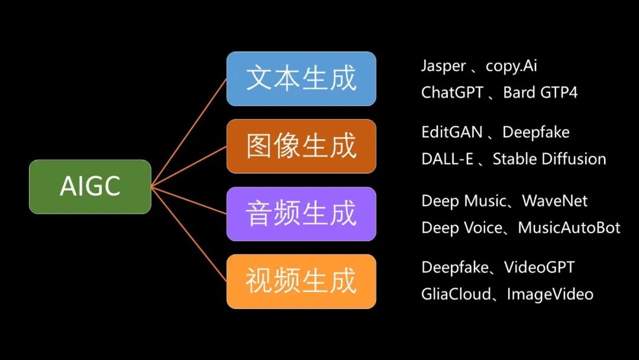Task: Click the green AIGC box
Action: (90, 187)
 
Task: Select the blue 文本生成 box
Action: (301, 79)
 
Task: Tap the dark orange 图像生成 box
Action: (301, 146)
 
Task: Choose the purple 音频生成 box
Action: (301, 214)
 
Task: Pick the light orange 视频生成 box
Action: (301, 282)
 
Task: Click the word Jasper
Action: (443, 66)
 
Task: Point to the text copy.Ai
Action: (511, 66)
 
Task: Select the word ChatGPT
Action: (453, 92)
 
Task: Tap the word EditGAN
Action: (452, 132)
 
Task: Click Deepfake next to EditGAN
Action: (536, 133)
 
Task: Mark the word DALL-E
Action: (447, 159)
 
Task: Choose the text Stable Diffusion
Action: (549, 159)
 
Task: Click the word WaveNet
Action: (554, 201)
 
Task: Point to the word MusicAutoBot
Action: (569, 227)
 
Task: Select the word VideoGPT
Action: (539, 268)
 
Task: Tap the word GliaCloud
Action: (456, 294)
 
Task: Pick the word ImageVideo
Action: (550, 294)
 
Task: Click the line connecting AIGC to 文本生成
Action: (189, 133)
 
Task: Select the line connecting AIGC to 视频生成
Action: (189, 234)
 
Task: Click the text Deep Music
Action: (464, 201)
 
